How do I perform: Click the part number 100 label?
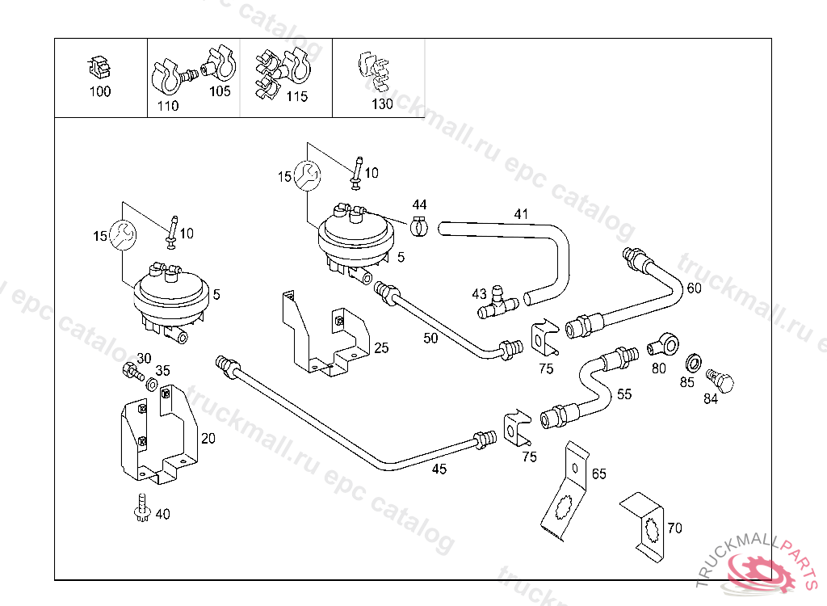tap(99, 91)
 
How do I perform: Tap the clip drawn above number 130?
tap(373, 72)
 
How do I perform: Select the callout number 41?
tap(521, 214)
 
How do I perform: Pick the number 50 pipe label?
tap(430, 338)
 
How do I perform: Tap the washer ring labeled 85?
tap(692, 360)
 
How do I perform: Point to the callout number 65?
tap(598, 473)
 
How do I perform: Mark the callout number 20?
tap(208, 439)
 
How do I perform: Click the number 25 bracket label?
tap(381, 348)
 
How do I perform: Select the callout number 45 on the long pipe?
tap(439, 468)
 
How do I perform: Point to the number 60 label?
tap(694, 288)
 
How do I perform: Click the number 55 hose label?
tap(624, 394)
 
